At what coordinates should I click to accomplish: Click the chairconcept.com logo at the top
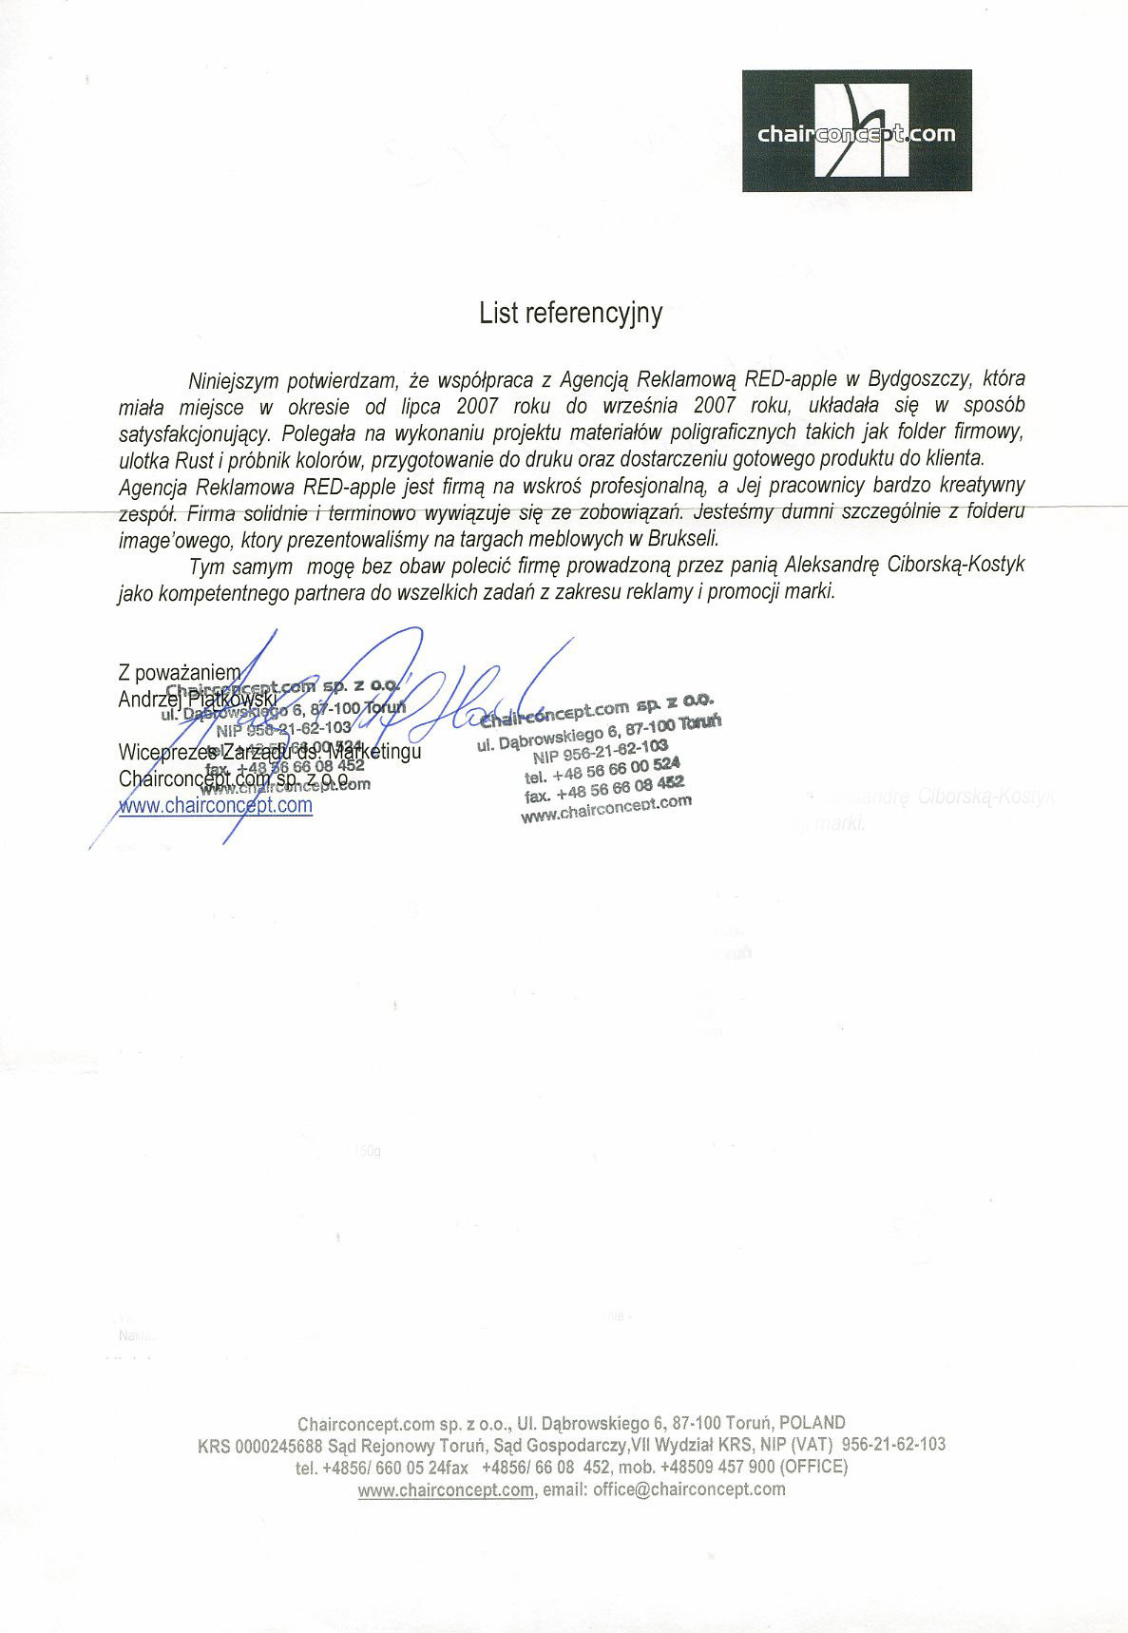tap(856, 131)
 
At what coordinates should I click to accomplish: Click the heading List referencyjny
tap(570, 314)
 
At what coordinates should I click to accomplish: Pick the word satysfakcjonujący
tap(195, 433)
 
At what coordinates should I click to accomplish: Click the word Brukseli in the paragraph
tap(679, 538)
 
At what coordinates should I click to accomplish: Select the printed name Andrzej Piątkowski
tap(197, 699)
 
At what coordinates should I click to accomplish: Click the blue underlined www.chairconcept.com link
tap(215, 805)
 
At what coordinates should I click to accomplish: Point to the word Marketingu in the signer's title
tap(374, 751)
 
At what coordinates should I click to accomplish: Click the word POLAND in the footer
tap(812, 1423)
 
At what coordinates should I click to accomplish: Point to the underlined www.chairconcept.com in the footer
tap(446, 1489)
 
